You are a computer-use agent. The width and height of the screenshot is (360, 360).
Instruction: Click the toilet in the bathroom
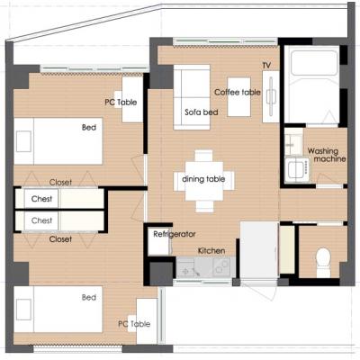click(x=323, y=262)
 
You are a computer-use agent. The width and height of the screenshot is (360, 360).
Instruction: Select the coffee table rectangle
click(x=238, y=97)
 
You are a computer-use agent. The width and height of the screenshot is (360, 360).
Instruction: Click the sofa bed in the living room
click(x=192, y=97)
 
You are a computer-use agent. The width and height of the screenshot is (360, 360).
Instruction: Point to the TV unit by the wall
click(x=271, y=96)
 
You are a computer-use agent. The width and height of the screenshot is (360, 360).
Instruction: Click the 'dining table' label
click(x=203, y=179)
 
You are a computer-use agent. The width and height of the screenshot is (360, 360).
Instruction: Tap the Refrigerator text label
click(x=175, y=234)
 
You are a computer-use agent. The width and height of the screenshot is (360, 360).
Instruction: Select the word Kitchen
click(x=211, y=251)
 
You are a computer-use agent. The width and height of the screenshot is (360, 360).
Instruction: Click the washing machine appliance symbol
click(x=297, y=169)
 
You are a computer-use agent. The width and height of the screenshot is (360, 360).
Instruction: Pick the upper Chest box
click(x=41, y=199)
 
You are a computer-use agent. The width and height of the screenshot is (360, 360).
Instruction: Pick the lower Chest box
click(x=41, y=220)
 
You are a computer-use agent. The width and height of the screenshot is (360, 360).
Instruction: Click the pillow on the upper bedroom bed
click(x=23, y=141)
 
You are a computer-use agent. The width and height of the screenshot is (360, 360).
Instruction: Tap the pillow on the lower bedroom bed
click(x=23, y=310)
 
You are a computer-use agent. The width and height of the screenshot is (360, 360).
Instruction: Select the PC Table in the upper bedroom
click(x=132, y=99)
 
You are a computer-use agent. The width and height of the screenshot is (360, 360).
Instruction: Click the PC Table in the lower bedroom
click(x=147, y=321)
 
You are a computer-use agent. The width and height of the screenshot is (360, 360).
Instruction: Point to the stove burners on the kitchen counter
click(x=221, y=266)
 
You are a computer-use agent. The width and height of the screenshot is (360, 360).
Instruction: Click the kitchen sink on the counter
click(x=188, y=267)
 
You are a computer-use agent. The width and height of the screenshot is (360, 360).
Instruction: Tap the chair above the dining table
click(x=203, y=156)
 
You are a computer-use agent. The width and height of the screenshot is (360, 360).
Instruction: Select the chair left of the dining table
click(x=179, y=181)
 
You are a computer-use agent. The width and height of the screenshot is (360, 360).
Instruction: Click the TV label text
click(x=266, y=65)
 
